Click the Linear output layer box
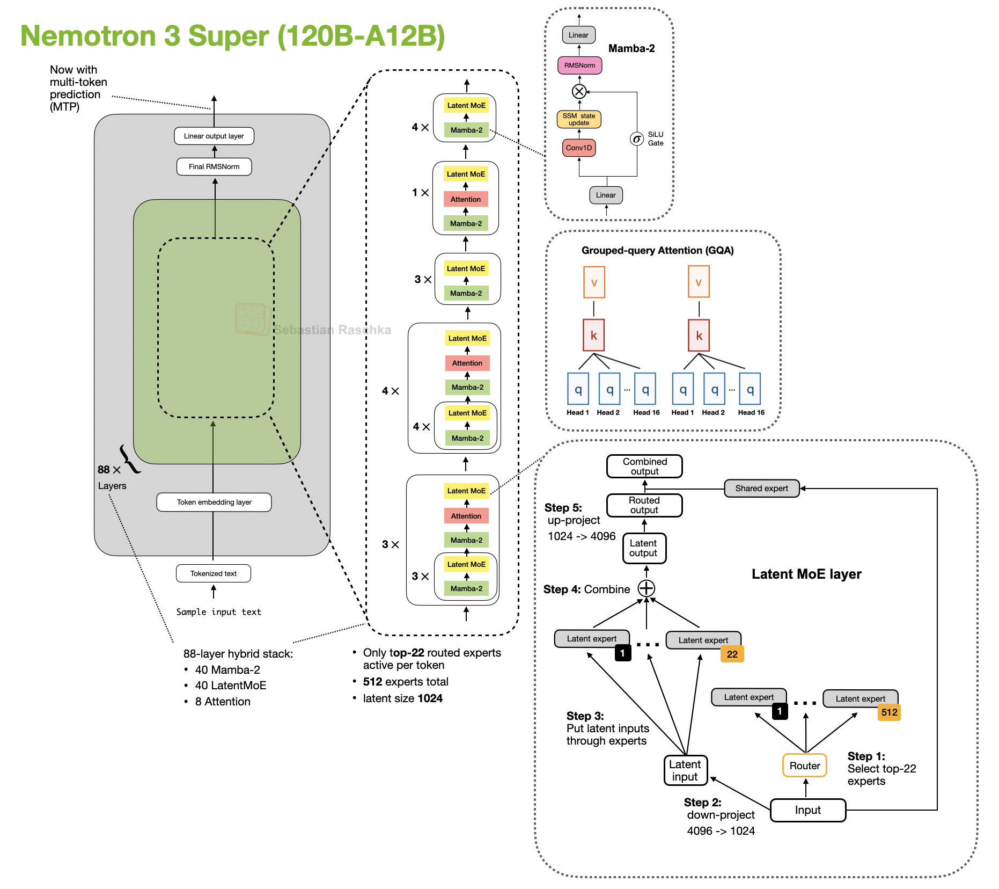[x=214, y=136]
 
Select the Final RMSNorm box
[x=214, y=166]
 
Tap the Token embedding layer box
[x=214, y=502]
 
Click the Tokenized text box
[x=213, y=573]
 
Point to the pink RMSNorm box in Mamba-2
[x=579, y=65]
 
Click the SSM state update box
[x=578, y=119]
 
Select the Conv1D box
[x=578, y=148]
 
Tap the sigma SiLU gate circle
[x=636, y=139]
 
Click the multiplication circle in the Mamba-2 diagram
[x=579, y=91]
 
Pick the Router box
[x=804, y=766]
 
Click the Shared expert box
[x=761, y=489]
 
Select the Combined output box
[x=644, y=466]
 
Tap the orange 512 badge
[x=889, y=712]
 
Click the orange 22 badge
[x=732, y=654]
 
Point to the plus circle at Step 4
[x=646, y=588]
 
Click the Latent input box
[x=685, y=770]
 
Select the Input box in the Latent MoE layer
[x=807, y=810]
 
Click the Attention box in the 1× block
[x=465, y=199]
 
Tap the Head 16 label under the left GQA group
[x=646, y=412]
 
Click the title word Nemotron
[x=88, y=36]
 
